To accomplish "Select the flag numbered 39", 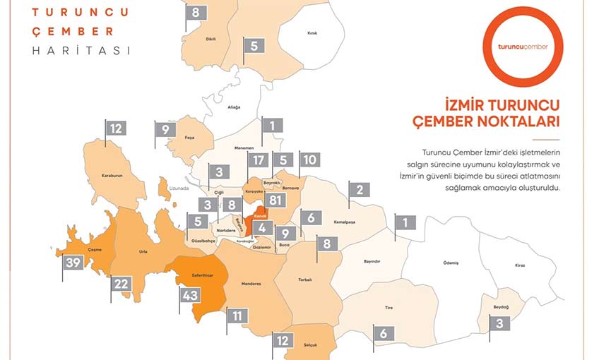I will click(x=73, y=263).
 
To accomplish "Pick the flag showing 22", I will click(x=121, y=284).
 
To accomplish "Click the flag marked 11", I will click(x=237, y=316).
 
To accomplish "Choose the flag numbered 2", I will click(x=360, y=189).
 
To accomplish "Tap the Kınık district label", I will click(x=312, y=33).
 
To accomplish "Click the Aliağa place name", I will click(x=234, y=107).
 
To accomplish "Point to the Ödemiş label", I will click(x=451, y=263).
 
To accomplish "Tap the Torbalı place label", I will click(x=304, y=280).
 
